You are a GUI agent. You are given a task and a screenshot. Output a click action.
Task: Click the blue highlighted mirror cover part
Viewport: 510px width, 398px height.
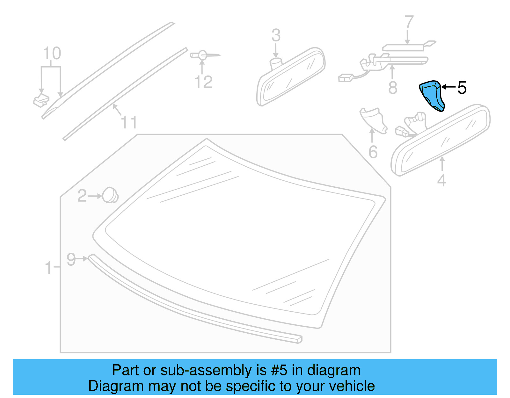(x=431, y=96)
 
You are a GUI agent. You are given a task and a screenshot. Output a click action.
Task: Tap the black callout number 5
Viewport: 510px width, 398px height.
(x=462, y=88)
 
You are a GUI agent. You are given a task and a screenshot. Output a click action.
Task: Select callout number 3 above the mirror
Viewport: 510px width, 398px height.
(x=276, y=35)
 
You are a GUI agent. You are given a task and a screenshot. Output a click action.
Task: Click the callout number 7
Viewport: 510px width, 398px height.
(x=409, y=23)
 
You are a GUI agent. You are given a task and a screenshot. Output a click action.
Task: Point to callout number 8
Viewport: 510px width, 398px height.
(x=393, y=88)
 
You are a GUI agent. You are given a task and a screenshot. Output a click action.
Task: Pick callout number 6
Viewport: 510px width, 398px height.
(x=373, y=152)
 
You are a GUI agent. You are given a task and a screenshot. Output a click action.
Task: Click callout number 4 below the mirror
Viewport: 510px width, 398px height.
(x=441, y=180)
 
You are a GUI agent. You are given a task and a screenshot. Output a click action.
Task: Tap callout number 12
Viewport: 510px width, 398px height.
(x=203, y=82)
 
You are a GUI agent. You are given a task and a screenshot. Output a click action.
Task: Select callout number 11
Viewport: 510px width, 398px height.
(x=129, y=123)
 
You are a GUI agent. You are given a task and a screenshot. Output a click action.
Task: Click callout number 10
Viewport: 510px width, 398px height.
(x=52, y=54)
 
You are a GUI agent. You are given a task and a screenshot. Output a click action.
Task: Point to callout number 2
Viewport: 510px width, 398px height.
(x=82, y=196)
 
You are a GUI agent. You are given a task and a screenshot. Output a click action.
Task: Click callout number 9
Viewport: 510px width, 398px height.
(x=71, y=259)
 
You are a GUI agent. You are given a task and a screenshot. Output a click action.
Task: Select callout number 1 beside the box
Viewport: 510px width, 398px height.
(x=48, y=268)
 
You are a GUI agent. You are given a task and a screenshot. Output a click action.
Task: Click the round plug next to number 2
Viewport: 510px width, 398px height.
(x=110, y=195)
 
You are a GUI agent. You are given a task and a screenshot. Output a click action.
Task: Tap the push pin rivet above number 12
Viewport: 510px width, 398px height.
(x=204, y=55)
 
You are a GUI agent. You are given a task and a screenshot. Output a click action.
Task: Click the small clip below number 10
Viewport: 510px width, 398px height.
(x=41, y=100)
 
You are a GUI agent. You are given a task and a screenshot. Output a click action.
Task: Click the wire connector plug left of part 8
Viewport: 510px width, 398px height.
(x=346, y=78)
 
